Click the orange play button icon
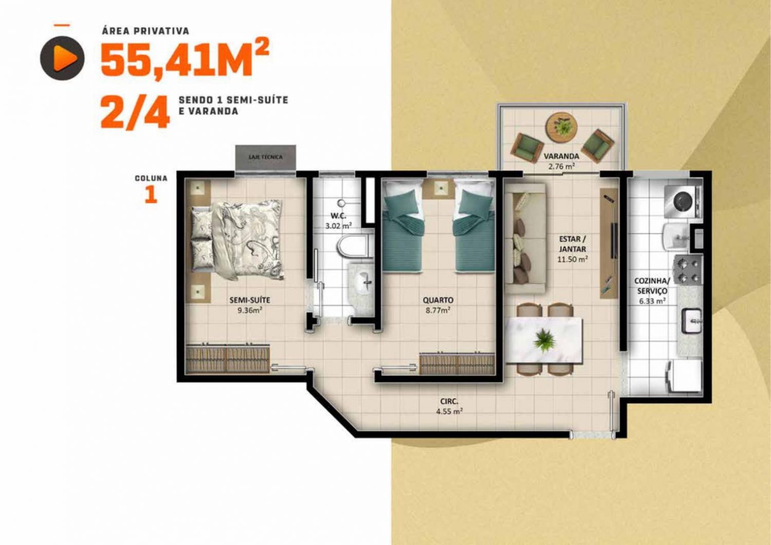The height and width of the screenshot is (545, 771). click(x=62, y=58)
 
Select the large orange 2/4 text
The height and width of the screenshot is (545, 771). click(x=135, y=112)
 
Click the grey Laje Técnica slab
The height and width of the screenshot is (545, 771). click(x=265, y=157)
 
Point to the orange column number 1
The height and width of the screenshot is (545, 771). click(x=151, y=195)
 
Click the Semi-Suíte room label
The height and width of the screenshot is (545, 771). click(x=250, y=300)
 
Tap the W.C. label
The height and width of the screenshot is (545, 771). click(x=338, y=216)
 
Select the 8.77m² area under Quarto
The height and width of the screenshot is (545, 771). click(x=438, y=310)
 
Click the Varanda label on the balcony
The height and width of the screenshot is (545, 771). click(x=561, y=156)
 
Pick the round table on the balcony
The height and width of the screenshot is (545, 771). click(x=561, y=127)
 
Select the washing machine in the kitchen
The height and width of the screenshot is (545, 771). click(x=683, y=202)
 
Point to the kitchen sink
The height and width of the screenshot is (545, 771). click(x=692, y=321)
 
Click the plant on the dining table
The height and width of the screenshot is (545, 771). click(x=544, y=340)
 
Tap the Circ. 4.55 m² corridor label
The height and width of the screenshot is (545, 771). click(x=449, y=406)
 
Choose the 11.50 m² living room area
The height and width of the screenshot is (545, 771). click(x=573, y=259)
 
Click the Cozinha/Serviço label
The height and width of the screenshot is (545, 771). click(x=652, y=286)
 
